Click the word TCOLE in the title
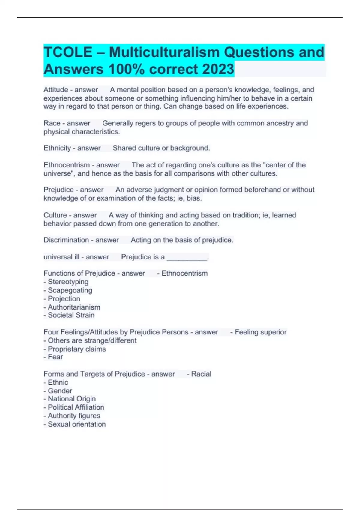click(x=68, y=52)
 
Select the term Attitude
click(x=56, y=90)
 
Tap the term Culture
click(x=55, y=215)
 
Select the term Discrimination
click(x=66, y=240)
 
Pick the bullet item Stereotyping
click(x=68, y=282)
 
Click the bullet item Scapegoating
click(x=70, y=290)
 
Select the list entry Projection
click(x=64, y=299)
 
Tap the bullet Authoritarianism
click(x=74, y=307)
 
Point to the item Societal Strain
click(x=71, y=315)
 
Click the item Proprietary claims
click(x=77, y=349)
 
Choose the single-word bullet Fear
click(x=55, y=357)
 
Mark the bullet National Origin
click(x=72, y=399)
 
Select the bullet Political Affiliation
click(x=76, y=407)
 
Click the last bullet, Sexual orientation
click(x=77, y=424)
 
